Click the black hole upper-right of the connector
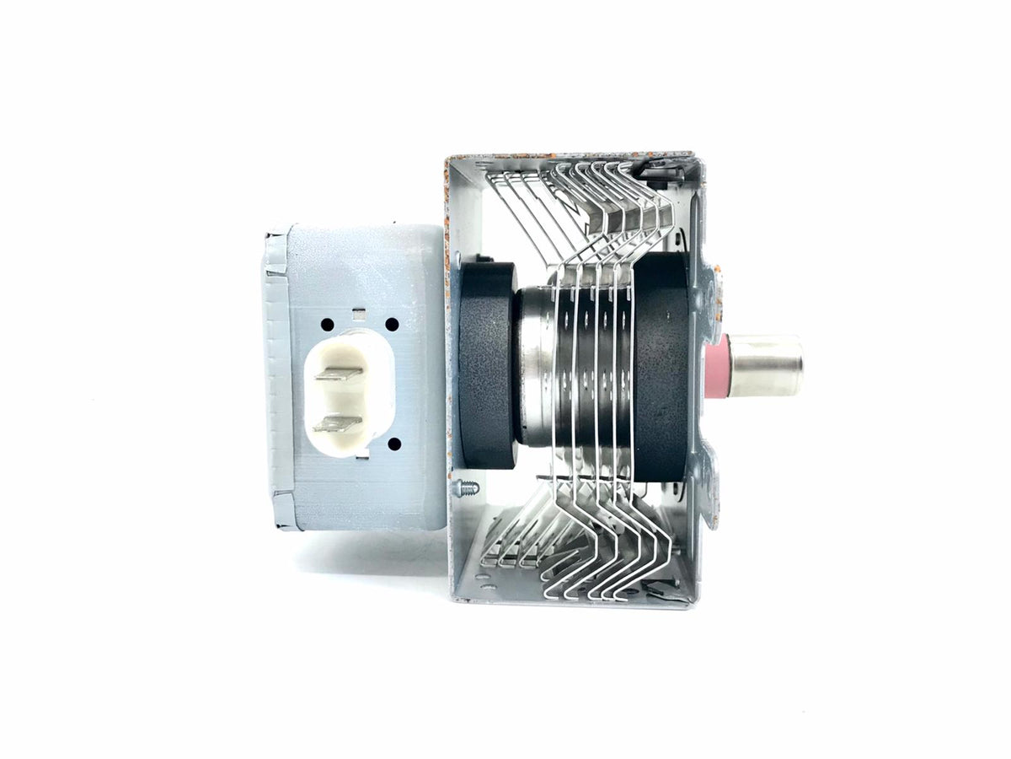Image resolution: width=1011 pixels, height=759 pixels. click(392, 324)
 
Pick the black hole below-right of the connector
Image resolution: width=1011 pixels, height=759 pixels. click(392, 442)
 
